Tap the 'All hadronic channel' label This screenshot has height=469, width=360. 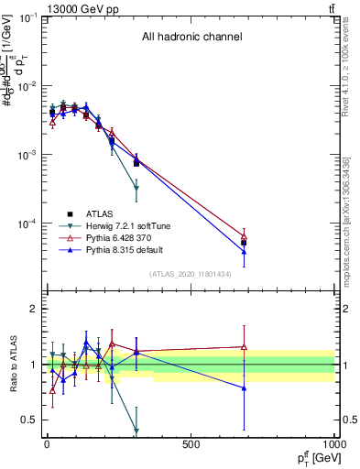click(x=191, y=38)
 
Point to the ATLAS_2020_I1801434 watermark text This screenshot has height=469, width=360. click(x=191, y=274)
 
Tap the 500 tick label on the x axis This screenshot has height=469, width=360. click(x=191, y=444)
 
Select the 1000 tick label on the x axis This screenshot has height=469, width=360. click(x=333, y=444)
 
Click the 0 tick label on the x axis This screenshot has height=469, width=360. click(x=47, y=444)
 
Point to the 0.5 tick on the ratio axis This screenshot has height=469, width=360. click(x=27, y=420)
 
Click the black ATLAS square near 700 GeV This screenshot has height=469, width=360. click(x=244, y=243)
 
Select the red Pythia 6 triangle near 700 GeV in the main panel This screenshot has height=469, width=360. click(x=244, y=236)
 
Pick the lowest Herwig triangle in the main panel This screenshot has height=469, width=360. click(x=136, y=188)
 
